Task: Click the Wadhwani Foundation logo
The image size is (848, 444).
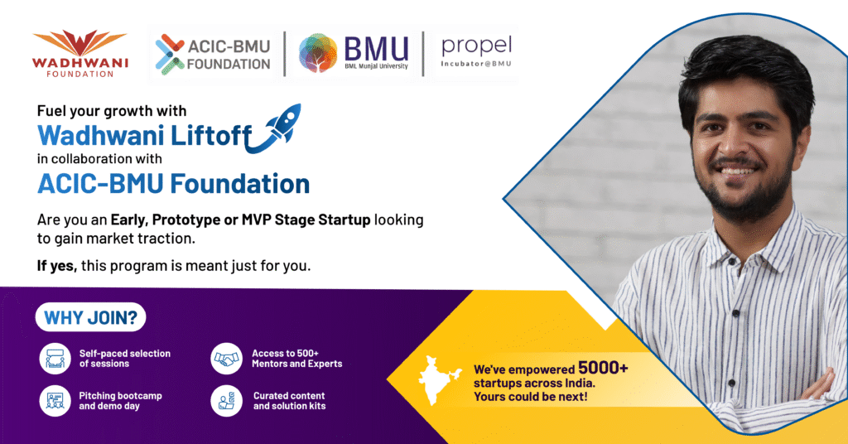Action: point(80,54)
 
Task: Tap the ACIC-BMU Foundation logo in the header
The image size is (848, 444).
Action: point(213,55)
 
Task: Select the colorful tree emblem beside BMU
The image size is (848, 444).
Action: point(318,53)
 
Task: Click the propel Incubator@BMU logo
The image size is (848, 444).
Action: point(476,52)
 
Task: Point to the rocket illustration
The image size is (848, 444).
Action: point(275,128)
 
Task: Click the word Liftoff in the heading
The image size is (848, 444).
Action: point(211,135)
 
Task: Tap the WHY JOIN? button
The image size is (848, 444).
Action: point(91,317)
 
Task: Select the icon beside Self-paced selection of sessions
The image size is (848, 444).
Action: point(55,359)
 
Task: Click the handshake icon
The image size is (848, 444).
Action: point(227,359)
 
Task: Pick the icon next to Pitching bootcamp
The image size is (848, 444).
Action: point(55,401)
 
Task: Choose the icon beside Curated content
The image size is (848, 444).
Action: point(227,401)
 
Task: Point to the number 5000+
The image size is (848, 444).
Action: point(603,369)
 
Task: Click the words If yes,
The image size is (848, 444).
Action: point(57,266)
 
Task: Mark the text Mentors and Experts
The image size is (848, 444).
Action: point(297,364)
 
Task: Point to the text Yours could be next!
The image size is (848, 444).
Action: point(531,397)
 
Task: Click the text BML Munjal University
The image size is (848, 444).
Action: point(376,66)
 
